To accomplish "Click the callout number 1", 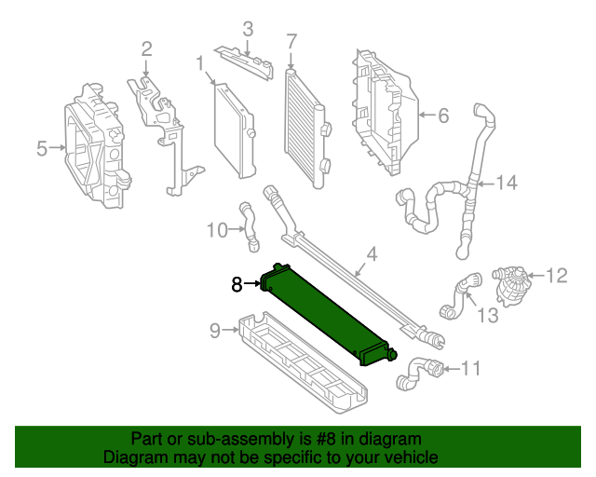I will pos(199,63).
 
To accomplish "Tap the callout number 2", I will pos(146,48).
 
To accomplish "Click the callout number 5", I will pos(42,148).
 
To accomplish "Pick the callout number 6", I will pos(442,116).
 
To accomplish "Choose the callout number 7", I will pos(291,41).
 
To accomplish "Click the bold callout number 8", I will pos(237,284).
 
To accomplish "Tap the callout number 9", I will pos(214,329).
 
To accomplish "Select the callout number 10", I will pos(216,229).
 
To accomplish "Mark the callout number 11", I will pos(471,369).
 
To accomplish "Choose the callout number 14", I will pos(505,183).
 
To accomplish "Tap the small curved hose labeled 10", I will pos(249,225).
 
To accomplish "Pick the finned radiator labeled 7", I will pos(305,126).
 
